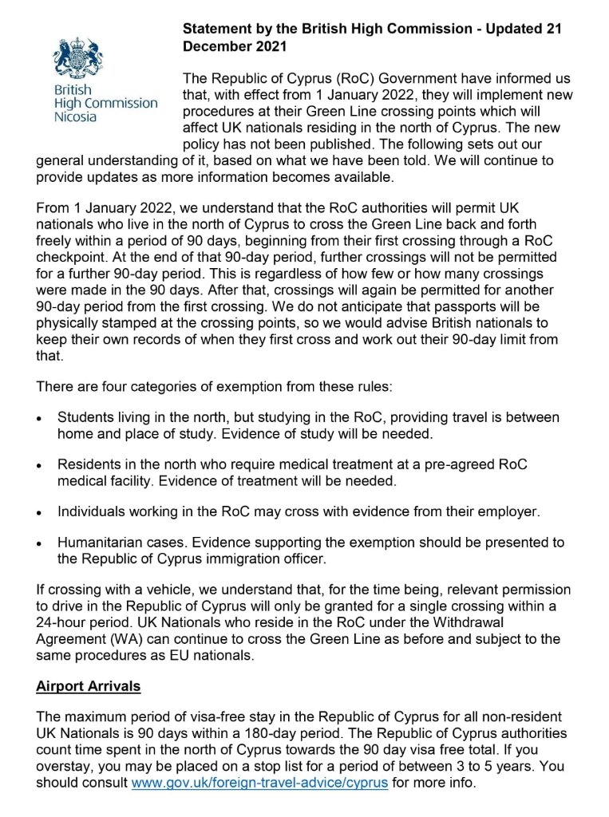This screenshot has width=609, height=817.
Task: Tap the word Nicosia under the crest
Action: pyautogui.click(x=75, y=116)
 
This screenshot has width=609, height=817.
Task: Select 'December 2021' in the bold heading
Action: pyautogui.click(x=234, y=46)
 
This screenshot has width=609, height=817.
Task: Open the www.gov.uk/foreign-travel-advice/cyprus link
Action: pyautogui.click(x=259, y=782)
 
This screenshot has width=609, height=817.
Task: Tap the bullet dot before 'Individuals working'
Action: pyautogui.click(x=40, y=511)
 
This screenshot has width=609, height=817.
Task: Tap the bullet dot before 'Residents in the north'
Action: pyautogui.click(x=40, y=464)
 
